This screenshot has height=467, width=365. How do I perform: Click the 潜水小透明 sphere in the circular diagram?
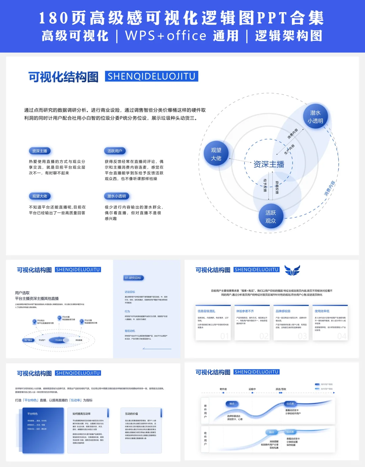click(x=315, y=117)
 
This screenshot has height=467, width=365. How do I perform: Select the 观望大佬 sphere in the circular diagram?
click(x=216, y=154)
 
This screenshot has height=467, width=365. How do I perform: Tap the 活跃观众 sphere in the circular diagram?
click(x=270, y=217)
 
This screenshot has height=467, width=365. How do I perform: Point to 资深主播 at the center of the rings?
click(x=269, y=164)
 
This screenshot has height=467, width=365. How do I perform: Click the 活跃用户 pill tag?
click(x=115, y=151)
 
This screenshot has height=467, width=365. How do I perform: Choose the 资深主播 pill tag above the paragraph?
click(x=40, y=151)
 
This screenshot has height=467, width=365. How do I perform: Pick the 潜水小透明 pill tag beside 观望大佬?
click(x=116, y=196)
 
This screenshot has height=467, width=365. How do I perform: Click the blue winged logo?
click(x=292, y=270)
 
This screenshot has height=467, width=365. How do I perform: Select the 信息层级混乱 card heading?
click(x=206, y=311)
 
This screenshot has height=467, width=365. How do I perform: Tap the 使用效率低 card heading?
click(x=322, y=311)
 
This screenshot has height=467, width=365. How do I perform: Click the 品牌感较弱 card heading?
click(x=283, y=311)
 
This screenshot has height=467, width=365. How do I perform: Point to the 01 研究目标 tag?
click(x=133, y=278)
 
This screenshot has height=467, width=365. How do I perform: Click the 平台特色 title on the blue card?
click(x=32, y=414)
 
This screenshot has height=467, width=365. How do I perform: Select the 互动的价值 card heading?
click(x=131, y=414)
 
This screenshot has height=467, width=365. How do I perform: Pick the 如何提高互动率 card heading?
click(x=81, y=414)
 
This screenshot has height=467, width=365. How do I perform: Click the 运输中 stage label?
click(x=252, y=389)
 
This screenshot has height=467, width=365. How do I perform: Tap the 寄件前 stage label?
click(x=223, y=389)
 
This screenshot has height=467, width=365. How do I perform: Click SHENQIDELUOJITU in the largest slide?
click(x=151, y=76)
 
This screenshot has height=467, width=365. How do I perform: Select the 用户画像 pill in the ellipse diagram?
click(x=28, y=340)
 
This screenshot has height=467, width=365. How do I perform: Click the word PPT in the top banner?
click(x=272, y=18)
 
